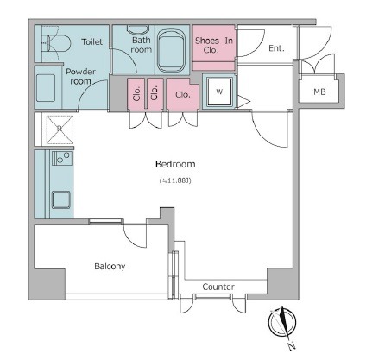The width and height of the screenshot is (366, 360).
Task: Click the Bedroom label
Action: pyautogui.click(x=175, y=164)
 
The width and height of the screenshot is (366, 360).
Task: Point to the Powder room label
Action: pyautogui.click(x=80, y=76)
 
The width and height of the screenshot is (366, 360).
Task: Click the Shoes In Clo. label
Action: pyautogui.click(x=214, y=45)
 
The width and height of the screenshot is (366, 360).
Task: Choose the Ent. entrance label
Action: pyautogui.click(x=276, y=48)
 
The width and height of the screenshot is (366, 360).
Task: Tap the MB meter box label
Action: pyautogui.click(x=319, y=92)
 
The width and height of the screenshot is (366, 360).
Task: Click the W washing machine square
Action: pyautogui.click(x=219, y=92)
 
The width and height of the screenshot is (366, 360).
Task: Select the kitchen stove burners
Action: pyautogui.click(x=62, y=158)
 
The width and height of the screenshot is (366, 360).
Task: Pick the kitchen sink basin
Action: pyautogui.click(x=60, y=199)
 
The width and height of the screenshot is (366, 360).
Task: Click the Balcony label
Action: pyautogui.click(x=110, y=266)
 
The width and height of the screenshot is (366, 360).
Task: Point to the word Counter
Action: pyautogui.click(x=218, y=287)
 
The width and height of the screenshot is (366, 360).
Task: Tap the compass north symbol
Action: pyautogui.click(x=282, y=322)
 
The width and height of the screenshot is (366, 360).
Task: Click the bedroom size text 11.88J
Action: pyautogui.click(x=175, y=180)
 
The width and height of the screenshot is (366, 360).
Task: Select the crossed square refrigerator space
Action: pyautogui.click(x=60, y=129)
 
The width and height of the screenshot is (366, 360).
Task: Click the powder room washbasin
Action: pyautogui.click(x=46, y=88)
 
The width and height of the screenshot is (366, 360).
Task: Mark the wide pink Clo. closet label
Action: pyautogui.click(x=183, y=94)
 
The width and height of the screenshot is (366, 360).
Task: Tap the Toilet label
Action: pyautogui.click(x=92, y=41)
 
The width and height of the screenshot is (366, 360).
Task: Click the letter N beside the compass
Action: pyautogui.click(x=292, y=345)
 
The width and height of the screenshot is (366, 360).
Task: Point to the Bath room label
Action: pyautogui.click(x=141, y=45)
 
